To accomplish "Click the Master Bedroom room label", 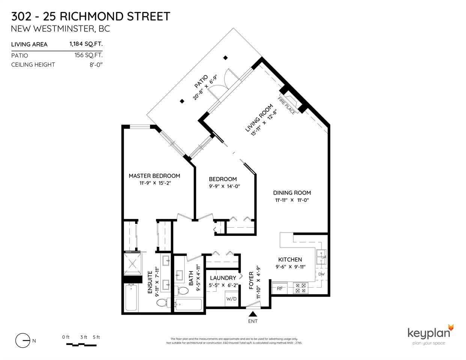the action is [x=154, y=176].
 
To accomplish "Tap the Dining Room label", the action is [x=292, y=193].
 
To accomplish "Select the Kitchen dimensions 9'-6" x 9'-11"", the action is [x=290, y=267].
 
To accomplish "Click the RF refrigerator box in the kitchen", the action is [x=280, y=288].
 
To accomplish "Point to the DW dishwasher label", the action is [x=321, y=274].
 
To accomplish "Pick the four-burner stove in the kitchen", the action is [x=301, y=288].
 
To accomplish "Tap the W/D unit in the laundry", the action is [x=231, y=299].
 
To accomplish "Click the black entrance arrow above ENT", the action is [x=253, y=314].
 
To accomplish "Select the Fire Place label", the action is [x=286, y=105].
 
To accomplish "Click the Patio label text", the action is [x=201, y=81].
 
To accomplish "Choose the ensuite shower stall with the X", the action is [x=133, y=264].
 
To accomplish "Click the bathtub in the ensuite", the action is [x=131, y=297].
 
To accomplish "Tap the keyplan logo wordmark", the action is [x=429, y=334].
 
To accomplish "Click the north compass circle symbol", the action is [x=23, y=340].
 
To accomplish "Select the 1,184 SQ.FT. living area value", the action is [x=86, y=44].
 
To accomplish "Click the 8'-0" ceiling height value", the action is [x=96, y=65].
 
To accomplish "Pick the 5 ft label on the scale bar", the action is [x=96, y=337].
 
